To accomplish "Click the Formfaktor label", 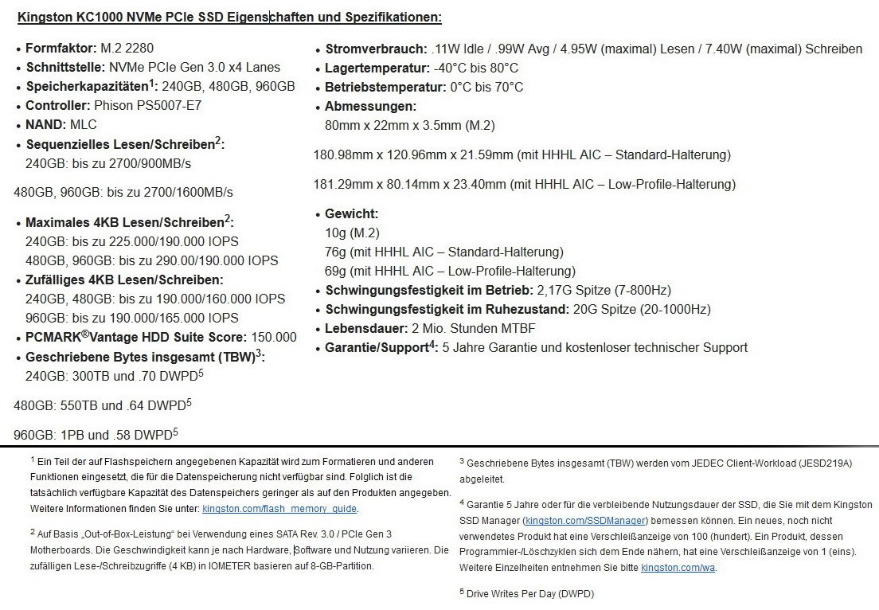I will coord(61,49).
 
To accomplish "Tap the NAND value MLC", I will coord(84,125).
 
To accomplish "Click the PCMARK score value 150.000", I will coord(274,338).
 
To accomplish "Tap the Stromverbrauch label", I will coord(374,49).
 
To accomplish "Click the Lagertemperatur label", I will coord(377,68).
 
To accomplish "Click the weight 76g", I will coord(334,252).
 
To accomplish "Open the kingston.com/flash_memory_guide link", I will coord(279,509).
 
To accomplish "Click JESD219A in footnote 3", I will coord(826,463).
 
